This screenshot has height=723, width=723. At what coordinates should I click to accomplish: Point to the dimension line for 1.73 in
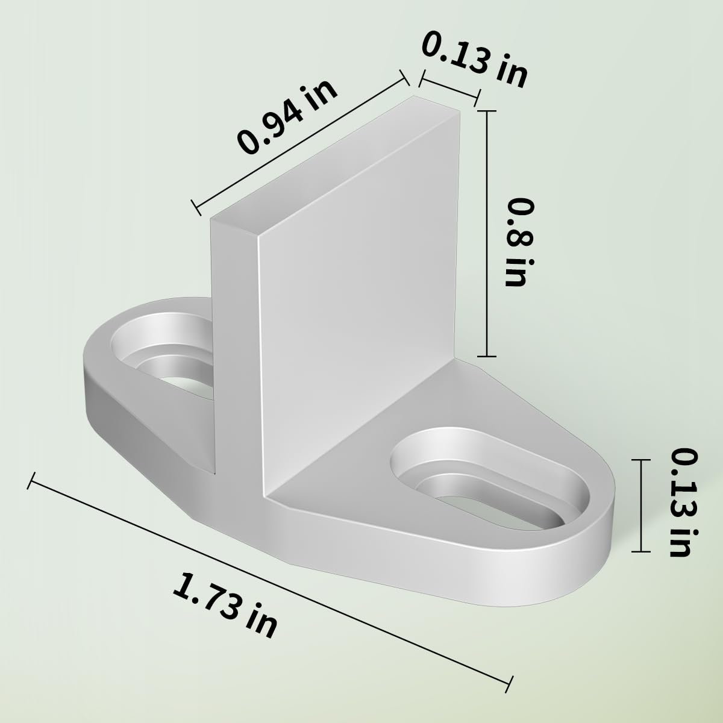click(271, 578)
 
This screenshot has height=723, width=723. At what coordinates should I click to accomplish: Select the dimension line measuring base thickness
click(642, 505)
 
